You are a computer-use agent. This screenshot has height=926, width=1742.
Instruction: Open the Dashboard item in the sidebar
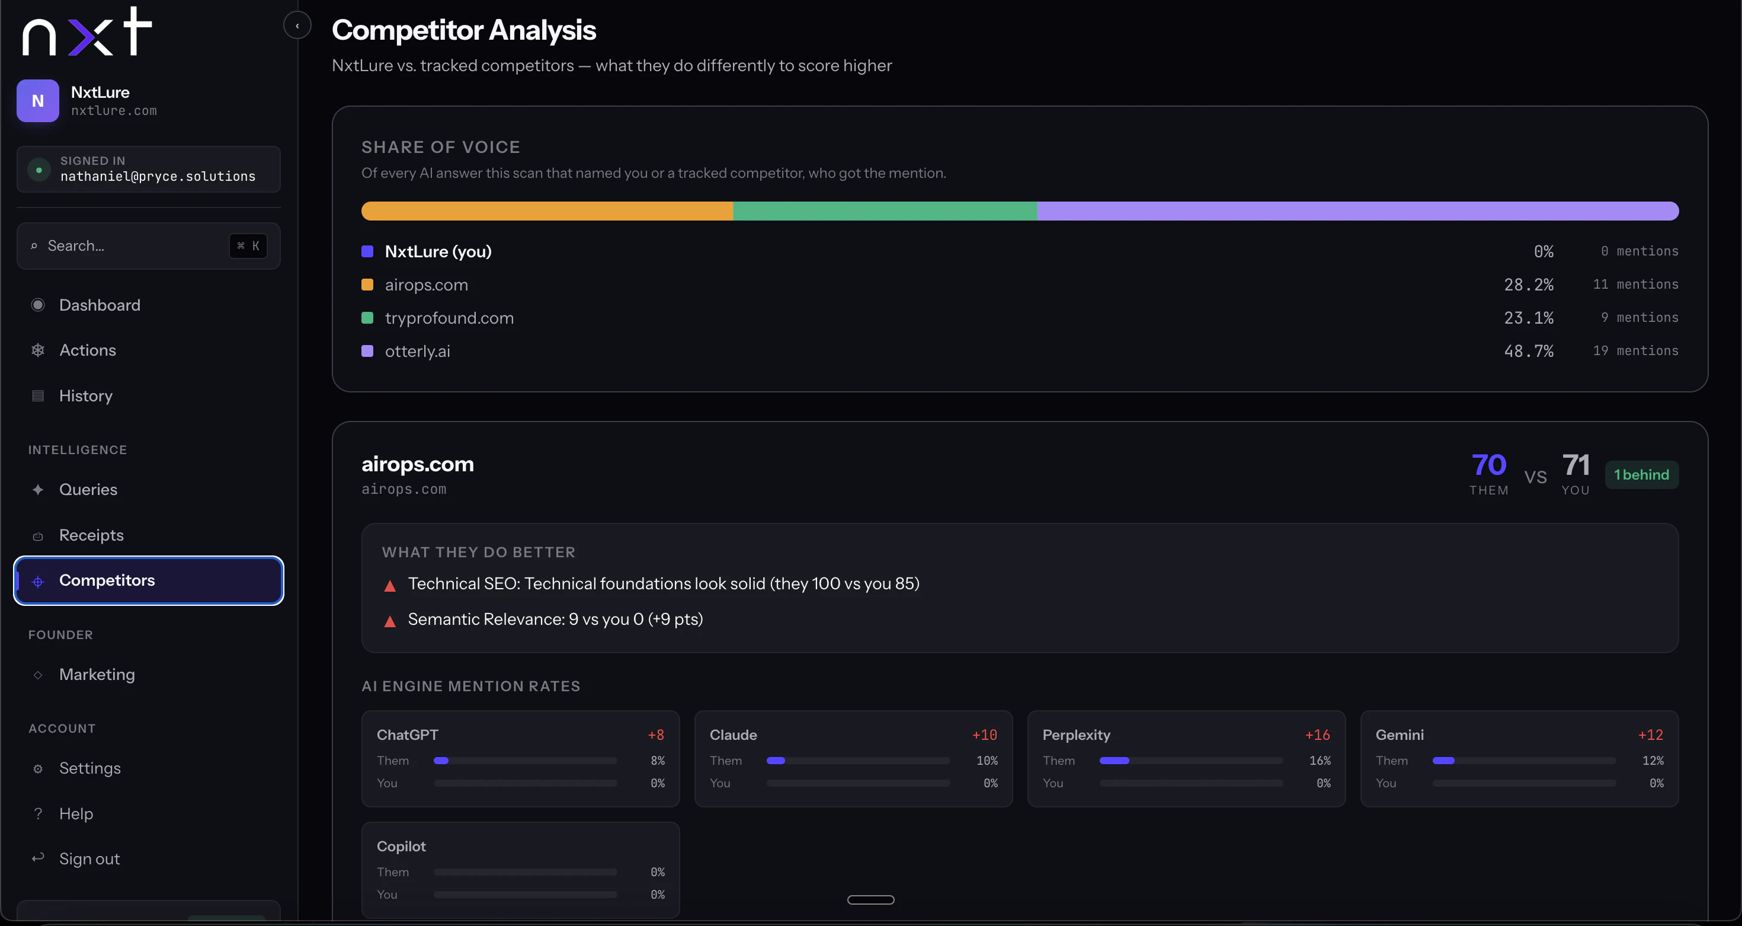coord(100,305)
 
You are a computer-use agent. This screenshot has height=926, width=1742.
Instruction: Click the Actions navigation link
coord(87,350)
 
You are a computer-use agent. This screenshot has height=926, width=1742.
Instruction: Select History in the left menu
coord(85,395)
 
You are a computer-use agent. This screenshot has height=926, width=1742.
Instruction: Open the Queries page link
coord(88,490)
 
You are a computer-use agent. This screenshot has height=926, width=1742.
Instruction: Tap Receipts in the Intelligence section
coord(91,535)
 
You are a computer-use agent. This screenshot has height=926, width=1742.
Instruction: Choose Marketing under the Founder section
coord(97,675)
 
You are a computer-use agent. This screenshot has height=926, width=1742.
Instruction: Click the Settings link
coord(90,768)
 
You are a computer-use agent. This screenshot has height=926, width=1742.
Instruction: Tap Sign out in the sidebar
coord(89,859)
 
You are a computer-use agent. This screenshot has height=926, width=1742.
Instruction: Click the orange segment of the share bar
coord(547,211)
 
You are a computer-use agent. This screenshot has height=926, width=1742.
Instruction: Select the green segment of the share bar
coord(885,211)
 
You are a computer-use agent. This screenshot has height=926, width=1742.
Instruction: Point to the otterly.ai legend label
coord(417,351)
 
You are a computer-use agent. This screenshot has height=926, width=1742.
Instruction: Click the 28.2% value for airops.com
coord(1528,285)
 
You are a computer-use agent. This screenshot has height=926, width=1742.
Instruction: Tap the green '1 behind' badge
coord(1641,475)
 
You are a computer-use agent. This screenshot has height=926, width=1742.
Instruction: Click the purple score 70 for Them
coord(1488,465)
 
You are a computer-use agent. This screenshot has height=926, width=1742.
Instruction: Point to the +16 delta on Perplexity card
coord(1317,735)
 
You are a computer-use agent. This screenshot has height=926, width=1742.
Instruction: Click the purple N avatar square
coord(38,101)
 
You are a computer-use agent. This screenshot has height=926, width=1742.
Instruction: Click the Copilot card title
coord(401,846)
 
